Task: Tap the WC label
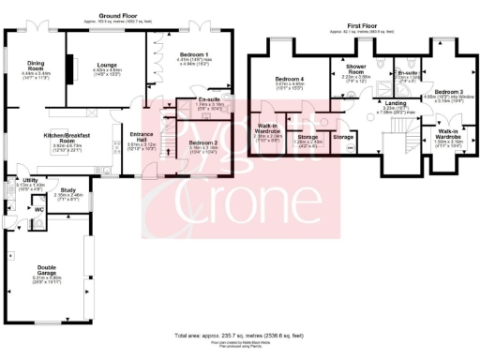coord(39,209)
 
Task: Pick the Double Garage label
coord(41,268)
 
